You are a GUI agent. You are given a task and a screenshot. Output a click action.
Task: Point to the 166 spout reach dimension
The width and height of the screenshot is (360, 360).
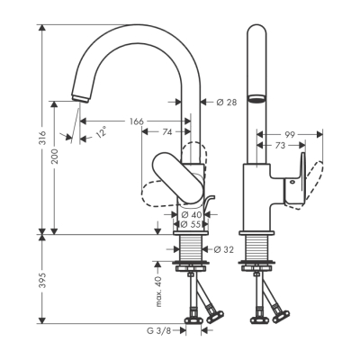tap(137, 121)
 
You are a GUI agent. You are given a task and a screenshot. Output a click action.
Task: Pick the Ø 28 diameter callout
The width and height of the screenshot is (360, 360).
tap(226, 102)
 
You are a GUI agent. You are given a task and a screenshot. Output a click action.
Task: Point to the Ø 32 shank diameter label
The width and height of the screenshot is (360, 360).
tap(222, 248)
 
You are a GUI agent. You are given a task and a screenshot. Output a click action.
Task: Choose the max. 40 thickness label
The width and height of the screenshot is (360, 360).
tap(158, 292)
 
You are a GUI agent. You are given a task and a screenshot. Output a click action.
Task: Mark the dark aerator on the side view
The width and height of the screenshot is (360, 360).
tap(256, 101)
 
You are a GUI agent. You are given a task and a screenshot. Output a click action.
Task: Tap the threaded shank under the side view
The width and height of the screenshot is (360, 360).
tap(256, 249)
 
